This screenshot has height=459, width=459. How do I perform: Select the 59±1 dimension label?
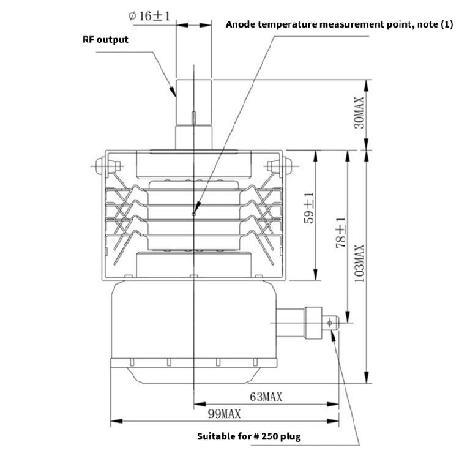pos(310,208)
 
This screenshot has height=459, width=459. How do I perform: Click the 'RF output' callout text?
pos(105,40)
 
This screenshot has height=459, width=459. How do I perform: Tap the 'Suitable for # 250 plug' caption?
pos(248,437)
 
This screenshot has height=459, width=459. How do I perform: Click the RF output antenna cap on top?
pos(193,101)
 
